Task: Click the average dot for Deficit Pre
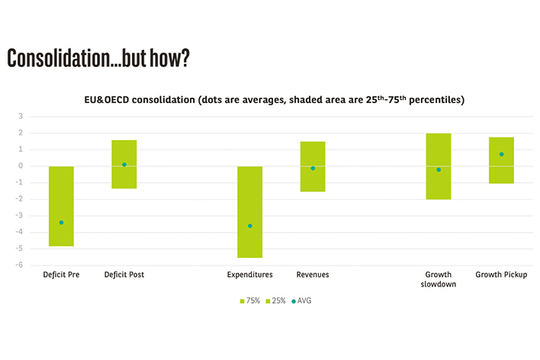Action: pos(61,223)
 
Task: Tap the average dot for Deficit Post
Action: pos(124,165)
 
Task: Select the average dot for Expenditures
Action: pos(250,226)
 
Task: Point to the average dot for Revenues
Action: pos(313,168)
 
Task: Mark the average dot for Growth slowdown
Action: pos(439,169)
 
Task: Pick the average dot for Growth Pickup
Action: pos(501,154)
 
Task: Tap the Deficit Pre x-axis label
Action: pos(61,275)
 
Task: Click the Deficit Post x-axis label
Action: pos(124,275)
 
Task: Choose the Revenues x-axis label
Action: pos(313,275)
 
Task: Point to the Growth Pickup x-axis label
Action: pos(501,275)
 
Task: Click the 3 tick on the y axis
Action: pos(21,117)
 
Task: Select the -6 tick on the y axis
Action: pos(19,265)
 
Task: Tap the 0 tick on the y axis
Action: pos(21,166)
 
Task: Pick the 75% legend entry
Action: pos(251,301)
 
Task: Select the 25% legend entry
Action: pos(277,301)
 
